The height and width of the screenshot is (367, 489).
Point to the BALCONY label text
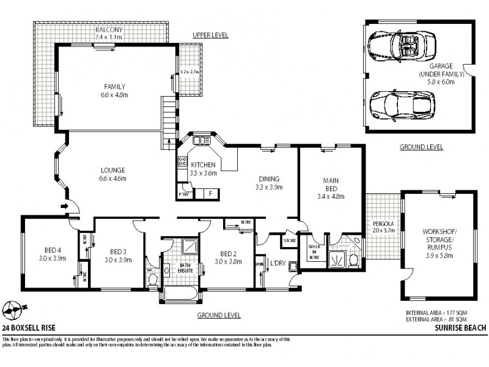click(x=109, y=29)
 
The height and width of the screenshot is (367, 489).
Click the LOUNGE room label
click(x=114, y=170)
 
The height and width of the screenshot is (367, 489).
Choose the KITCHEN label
click(x=202, y=165)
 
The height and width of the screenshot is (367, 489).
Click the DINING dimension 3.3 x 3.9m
click(x=269, y=187)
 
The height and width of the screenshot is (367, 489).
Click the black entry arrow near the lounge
click(x=64, y=207)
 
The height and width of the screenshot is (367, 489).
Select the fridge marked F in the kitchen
click(x=210, y=193)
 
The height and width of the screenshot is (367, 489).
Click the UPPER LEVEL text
click(x=210, y=35)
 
